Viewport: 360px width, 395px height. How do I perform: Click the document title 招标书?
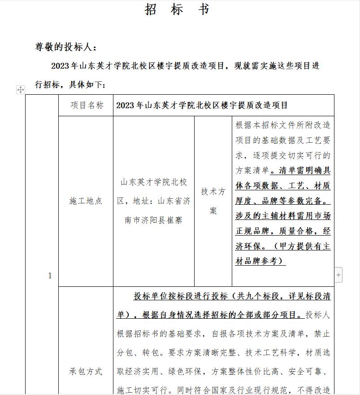point(177,9)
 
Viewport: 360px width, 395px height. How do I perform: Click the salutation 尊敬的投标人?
point(65,47)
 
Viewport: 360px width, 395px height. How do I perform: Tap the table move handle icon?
point(21,90)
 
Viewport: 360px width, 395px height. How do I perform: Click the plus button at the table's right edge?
point(338,274)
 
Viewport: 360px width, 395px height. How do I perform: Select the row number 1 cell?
point(50,276)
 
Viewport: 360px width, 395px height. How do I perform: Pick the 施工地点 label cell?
point(86,201)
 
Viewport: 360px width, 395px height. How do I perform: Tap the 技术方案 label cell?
point(213,201)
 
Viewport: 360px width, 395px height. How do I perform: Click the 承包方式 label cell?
point(86,371)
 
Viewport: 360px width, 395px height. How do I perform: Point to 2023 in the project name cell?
point(126,105)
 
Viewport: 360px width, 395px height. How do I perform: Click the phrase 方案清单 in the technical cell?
point(252,171)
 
